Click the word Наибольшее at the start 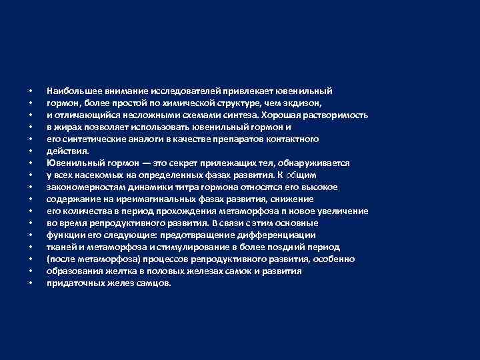[70, 91]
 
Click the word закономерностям [80, 187]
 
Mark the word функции [64, 235]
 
